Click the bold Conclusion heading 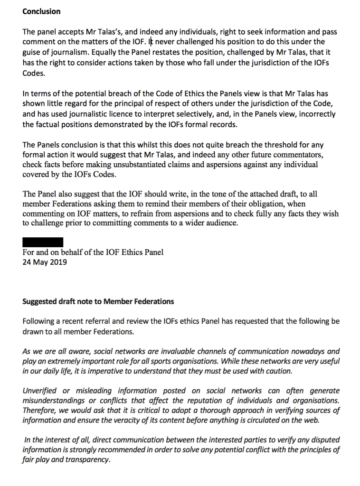point(41,11)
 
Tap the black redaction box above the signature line point(43,243)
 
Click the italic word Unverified point(39,391)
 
